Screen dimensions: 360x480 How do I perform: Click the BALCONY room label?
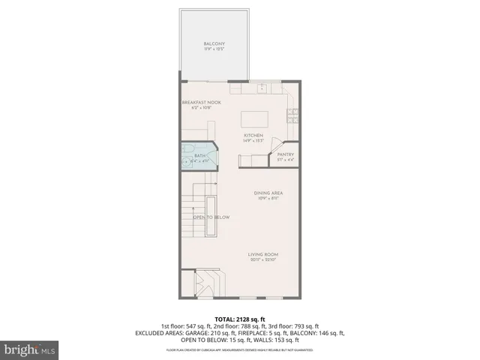pyautogui.click(x=214, y=44)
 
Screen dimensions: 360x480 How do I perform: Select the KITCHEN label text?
pyautogui.click(x=253, y=135)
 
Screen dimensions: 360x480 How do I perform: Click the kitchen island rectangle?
pyautogui.click(x=253, y=119)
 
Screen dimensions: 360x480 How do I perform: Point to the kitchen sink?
pyautogui.click(x=263, y=88)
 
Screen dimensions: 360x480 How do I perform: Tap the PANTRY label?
pyautogui.click(x=286, y=154)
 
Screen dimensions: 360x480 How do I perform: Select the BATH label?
pyautogui.click(x=200, y=155)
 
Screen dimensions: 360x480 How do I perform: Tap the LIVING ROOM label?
pyautogui.click(x=263, y=255)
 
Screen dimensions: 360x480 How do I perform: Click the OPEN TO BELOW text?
pyautogui.click(x=211, y=217)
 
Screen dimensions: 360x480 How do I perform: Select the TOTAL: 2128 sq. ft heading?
pyautogui.click(x=240, y=319)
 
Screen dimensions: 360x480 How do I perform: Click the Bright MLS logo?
pyautogui.click(x=30, y=349)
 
